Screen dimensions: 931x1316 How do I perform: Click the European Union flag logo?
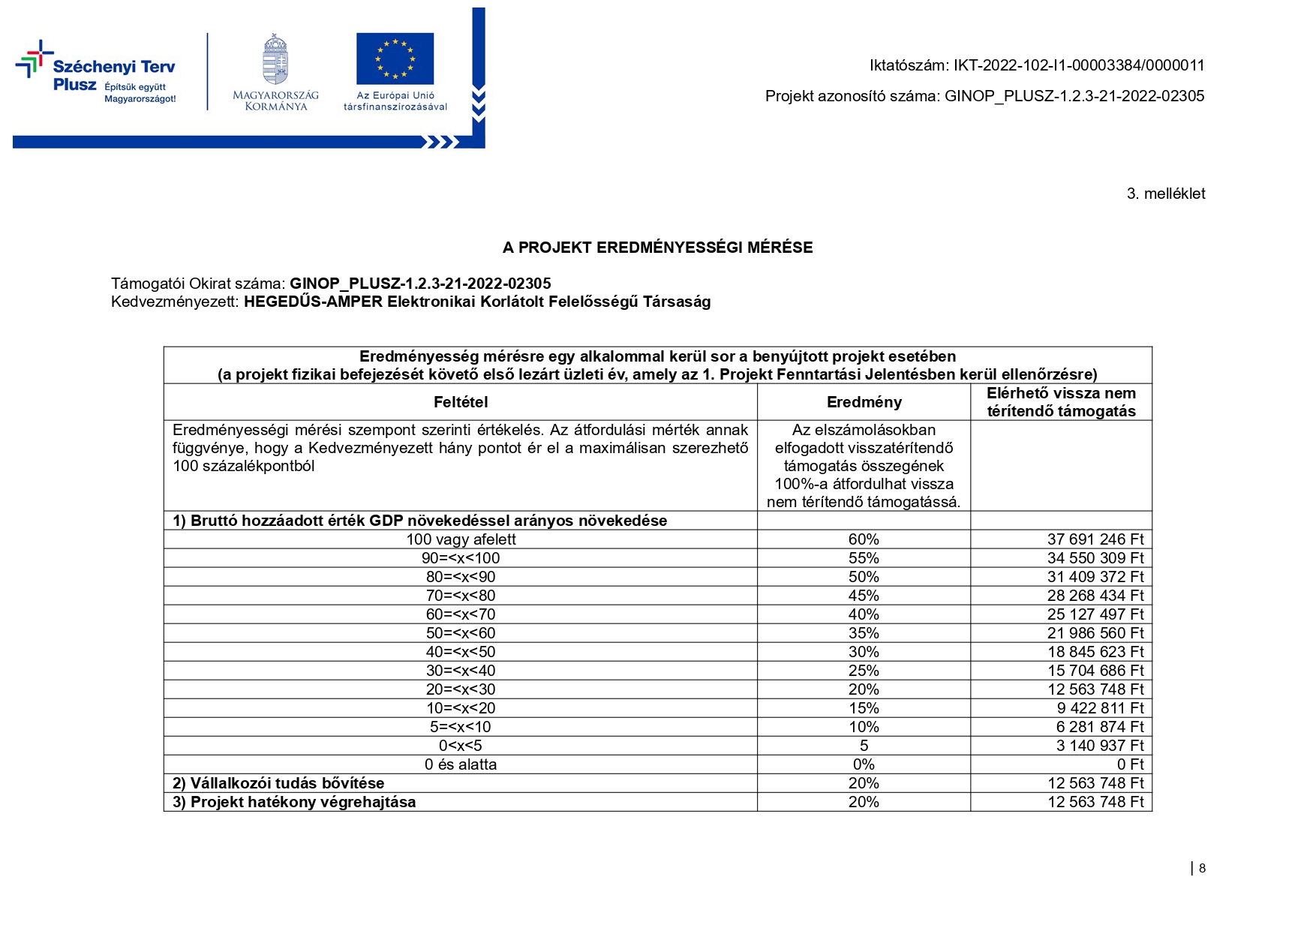(x=395, y=59)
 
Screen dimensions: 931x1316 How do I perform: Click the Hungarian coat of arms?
(x=275, y=59)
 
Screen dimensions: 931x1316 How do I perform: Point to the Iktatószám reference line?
(x=1036, y=65)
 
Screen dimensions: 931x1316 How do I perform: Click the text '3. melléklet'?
(x=1165, y=194)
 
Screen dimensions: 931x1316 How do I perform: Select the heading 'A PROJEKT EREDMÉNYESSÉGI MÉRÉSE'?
(x=657, y=248)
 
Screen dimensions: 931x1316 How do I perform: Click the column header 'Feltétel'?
(x=461, y=402)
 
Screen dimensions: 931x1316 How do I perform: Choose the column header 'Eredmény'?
(x=864, y=402)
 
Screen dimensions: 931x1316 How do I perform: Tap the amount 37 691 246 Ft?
(x=1095, y=539)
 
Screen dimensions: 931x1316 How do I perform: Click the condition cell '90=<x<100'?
(x=461, y=558)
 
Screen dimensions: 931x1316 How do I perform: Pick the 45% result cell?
(x=864, y=596)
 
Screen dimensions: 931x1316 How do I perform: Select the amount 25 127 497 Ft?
(x=1095, y=614)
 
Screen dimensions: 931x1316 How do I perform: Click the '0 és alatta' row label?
(x=461, y=764)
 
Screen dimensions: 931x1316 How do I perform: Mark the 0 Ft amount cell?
(x=1130, y=764)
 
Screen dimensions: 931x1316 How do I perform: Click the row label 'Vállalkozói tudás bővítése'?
(x=278, y=783)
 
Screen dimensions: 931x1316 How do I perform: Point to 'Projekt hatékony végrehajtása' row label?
(x=294, y=802)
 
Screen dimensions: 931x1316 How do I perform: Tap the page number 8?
(x=1202, y=868)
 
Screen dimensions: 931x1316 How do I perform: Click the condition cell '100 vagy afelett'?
(x=461, y=539)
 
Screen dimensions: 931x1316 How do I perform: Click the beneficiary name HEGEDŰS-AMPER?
(x=313, y=302)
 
